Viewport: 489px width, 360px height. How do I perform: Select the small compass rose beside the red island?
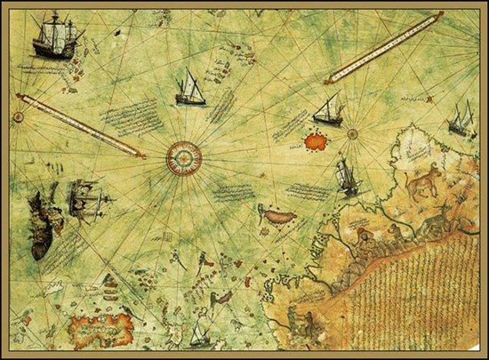352,135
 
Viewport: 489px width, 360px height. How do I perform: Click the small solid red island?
312,139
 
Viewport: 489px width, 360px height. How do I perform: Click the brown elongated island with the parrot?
276,214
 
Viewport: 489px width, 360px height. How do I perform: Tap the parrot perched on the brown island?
263,211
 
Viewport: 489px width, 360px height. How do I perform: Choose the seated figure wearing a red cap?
364,236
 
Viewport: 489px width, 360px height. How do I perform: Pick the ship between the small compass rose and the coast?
347,176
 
